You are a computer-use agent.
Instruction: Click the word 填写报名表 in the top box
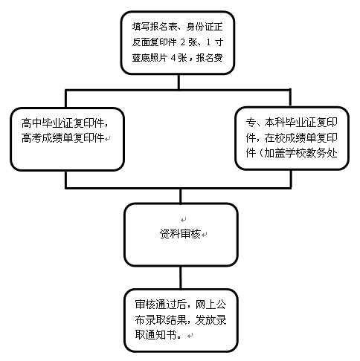click(155, 27)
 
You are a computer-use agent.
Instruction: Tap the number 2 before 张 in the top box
click(183, 42)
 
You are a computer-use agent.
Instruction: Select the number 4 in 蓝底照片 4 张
click(173, 58)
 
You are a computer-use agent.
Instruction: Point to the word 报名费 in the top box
click(209, 58)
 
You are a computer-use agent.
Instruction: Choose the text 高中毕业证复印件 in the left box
click(62, 123)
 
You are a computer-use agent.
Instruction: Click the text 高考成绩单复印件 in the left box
click(62, 138)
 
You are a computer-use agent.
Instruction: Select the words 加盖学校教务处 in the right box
click(300, 153)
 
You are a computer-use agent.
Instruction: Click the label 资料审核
click(180, 234)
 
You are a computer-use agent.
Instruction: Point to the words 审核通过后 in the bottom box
click(161, 305)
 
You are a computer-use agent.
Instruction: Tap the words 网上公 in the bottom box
click(210, 305)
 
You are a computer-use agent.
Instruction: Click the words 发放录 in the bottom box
click(210, 319)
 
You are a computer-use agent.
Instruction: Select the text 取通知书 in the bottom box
click(155, 335)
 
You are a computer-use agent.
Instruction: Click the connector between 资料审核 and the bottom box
click(180, 277)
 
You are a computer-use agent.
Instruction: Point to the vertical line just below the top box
click(179, 82)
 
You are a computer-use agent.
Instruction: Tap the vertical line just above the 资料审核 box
click(180, 196)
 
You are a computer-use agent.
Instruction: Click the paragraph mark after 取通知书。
click(190, 336)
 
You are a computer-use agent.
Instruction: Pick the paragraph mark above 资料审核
click(184, 219)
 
